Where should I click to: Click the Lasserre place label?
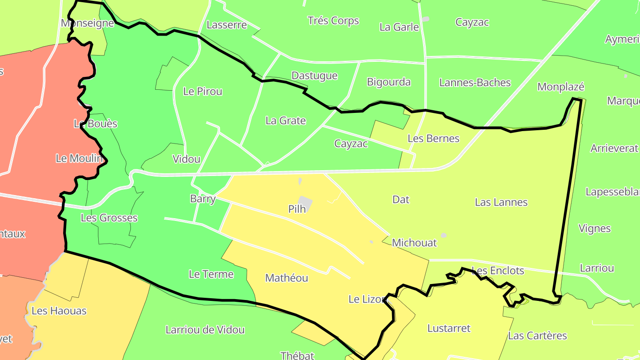click(x=227, y=25)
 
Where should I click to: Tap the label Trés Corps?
click(x=333, y=20)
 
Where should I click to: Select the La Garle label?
click(x=399, y=27)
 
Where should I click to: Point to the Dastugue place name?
click(x=314, y=76)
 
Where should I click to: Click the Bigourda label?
click(x=388, y=82)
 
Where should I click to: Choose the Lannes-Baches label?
click(x=475, y=82)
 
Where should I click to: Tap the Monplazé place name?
click(x=560, y=87)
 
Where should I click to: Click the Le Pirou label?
click(x=203, y=92)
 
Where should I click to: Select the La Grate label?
click(x=285, y=120)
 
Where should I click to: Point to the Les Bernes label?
click(x=433, y=138)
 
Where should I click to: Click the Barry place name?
click(x=203, y=199)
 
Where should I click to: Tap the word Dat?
click(x=400, y=200)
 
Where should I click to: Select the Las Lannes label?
click(x=501, y=202)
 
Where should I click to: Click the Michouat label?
click(x=414, y=243)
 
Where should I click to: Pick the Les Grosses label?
click(x=109, y=218)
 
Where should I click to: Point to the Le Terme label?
click(x=211, y=274)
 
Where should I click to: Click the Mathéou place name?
click(x=286, y=278)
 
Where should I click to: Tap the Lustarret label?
click(x=448, y=328)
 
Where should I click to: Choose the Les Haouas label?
click(x=59, y=311)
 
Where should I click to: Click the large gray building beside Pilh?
click(x=305, y=202)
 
